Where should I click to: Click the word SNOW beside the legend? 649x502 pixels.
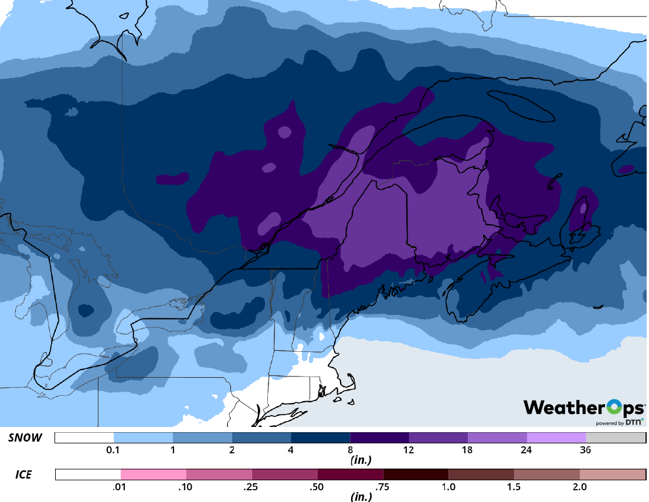click(x=25, y=438)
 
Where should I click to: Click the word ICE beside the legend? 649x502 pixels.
click(x=23, y=474)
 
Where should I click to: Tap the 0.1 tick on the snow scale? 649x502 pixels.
click(x=114, y=450)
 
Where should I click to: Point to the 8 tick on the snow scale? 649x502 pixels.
click(x=350, y=450)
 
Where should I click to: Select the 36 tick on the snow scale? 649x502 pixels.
click(x=585, y=450)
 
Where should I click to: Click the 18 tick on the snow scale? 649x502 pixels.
click(x=467, y=450)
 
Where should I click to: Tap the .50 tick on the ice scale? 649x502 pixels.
click(x=318, y=487)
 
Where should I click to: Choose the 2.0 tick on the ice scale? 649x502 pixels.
click(x=579, y=487)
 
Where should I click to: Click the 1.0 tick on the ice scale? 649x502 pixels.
click(x=448, y=487)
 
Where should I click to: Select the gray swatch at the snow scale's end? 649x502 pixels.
click(x=616, y=438)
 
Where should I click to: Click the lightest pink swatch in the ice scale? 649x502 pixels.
click(x=154, y=474)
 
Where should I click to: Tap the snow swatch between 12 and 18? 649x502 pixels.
click(x=438, y=438)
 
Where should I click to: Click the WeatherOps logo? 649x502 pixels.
click(x=583, y=408)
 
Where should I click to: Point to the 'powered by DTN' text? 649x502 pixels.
click(x=619, y=422)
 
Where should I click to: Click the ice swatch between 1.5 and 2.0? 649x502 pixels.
click(x=546, y=474)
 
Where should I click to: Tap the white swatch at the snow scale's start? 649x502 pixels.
click(x=84, y=438)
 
